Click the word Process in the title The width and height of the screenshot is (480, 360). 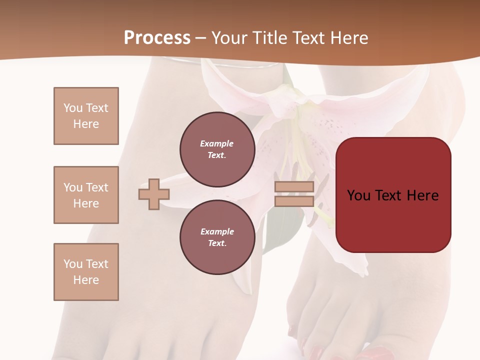point(157,37)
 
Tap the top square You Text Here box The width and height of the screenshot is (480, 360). point(86,116)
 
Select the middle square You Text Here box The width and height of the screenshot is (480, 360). point(86,195)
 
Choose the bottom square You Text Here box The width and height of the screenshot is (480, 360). point(86,272)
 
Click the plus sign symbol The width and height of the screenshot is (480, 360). point(154,194)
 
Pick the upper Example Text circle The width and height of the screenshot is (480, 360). point(217,149)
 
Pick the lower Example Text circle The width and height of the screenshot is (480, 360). point(217,237)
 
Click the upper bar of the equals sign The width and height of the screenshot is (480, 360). point(294,186)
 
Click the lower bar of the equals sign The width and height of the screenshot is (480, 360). point(294,201)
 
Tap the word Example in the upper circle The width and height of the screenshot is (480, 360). point(217,143)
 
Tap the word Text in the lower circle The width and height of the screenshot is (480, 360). point(217,243)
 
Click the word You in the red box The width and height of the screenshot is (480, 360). point(359,195)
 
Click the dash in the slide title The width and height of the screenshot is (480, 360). point(201,38)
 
